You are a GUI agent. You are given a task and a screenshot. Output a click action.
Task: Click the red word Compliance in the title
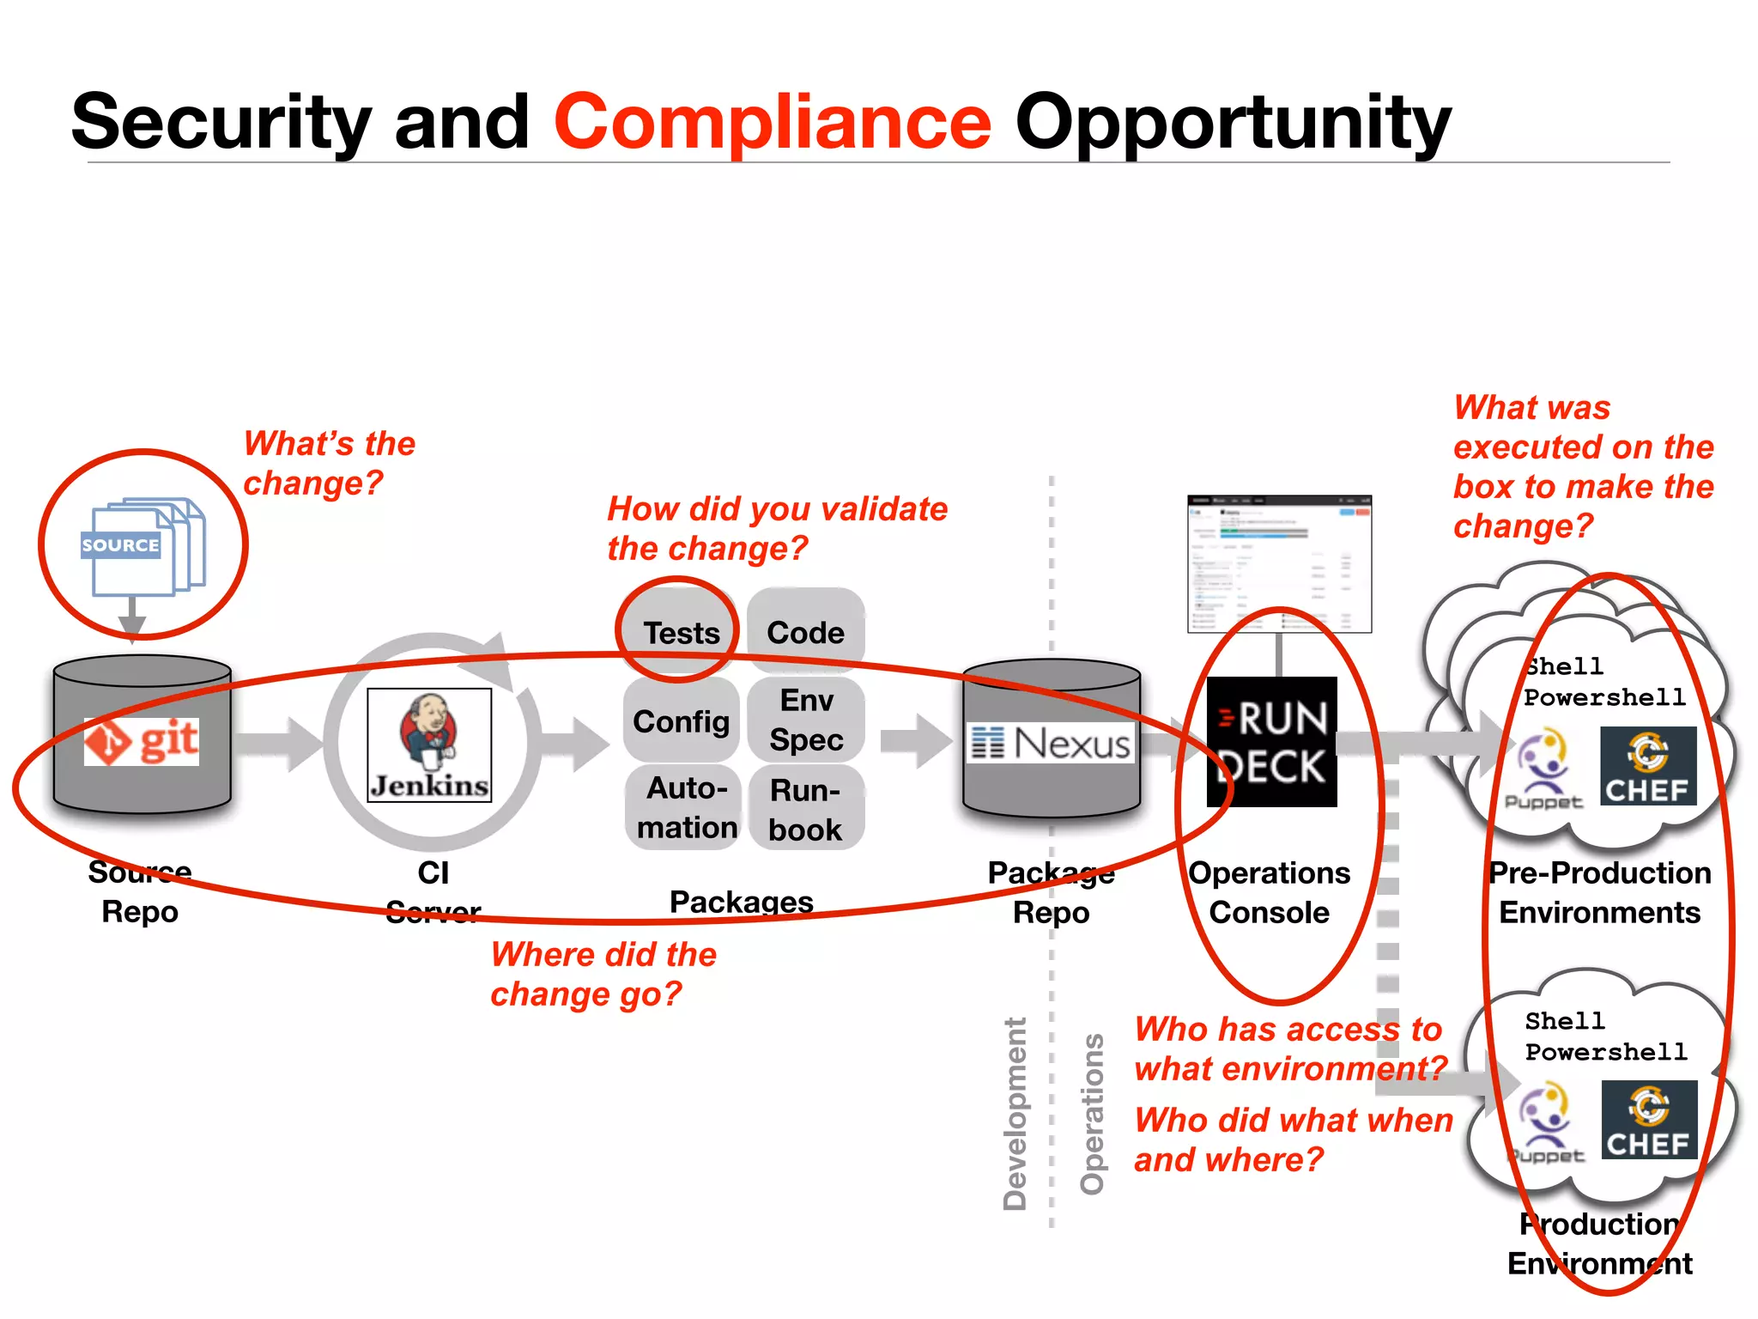point(773,122)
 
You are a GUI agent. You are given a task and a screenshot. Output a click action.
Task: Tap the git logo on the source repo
point(142,741)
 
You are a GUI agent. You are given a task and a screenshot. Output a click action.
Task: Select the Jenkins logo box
point(429,745)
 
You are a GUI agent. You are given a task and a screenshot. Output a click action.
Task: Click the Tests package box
point(681,633)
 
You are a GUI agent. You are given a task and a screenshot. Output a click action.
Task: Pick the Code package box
point(805,633)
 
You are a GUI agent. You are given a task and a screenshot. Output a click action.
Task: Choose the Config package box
point(681,721)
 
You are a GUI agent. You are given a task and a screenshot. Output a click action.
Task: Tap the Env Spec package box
point(805,720)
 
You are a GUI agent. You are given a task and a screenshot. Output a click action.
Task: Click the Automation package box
point(684,807)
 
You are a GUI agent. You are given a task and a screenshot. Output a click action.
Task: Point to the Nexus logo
point(1052,744)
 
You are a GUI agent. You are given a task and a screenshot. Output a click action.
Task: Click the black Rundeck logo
point(1272,742)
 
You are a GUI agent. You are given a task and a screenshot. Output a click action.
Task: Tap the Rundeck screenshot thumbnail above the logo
point(1279,563)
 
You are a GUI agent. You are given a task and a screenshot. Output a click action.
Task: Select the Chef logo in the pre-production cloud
point(1648,766)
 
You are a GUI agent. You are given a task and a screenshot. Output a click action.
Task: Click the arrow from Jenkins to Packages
point(575,744)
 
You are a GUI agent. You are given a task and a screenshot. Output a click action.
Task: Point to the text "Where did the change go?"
point(603,974)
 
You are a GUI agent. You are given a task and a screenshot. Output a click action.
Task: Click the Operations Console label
point(1269,892)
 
